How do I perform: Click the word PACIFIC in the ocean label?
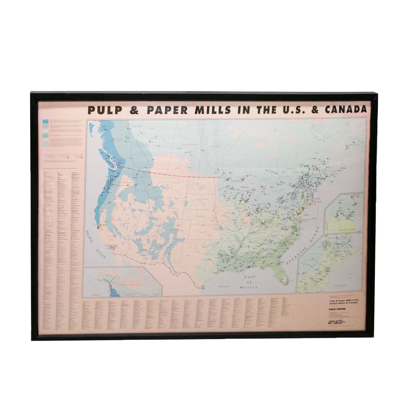click(x=90, y=236)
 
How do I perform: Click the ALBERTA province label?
click(x=152, y=139)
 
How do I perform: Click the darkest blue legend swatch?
click(x=45, y=121)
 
